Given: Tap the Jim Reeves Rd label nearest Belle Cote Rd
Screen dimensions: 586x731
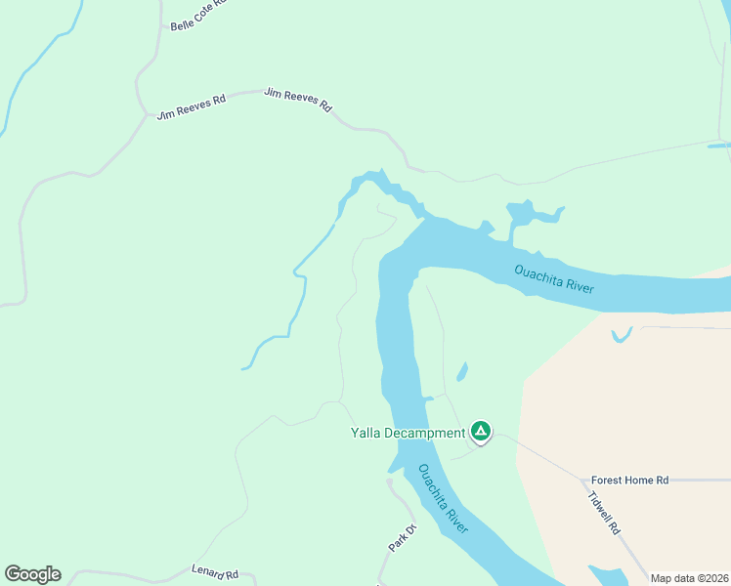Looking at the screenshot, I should click(192, 105).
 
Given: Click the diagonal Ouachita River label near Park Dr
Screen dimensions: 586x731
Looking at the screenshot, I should click(444, 498).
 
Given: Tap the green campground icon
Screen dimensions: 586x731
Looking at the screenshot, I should click(480, 431).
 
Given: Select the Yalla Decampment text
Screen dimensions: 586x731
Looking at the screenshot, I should click(408, 433).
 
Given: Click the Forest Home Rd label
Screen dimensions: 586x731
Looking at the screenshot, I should click(629, 481).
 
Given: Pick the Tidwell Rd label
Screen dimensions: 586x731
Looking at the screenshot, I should click(604, 512).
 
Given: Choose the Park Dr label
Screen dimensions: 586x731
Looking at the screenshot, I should click(402, 538).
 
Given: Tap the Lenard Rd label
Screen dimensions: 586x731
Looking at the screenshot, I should click(215, 573).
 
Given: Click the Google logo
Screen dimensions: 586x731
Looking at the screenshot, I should click(32, 574).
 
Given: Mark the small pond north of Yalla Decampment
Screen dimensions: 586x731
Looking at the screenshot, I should click(461, 371).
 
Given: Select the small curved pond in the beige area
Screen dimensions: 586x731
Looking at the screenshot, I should click(620, 335).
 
